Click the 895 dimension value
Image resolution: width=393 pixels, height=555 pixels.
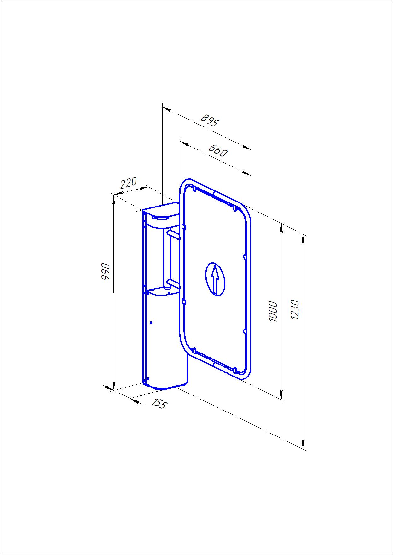210,120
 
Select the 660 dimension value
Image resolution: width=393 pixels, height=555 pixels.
217,151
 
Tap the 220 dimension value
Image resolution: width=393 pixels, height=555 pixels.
128,183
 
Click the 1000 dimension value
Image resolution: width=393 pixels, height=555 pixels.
273,312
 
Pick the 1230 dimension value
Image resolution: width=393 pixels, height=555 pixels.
295,310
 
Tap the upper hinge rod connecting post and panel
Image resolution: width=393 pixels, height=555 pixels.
174,234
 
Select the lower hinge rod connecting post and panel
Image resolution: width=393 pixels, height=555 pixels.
173,283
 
